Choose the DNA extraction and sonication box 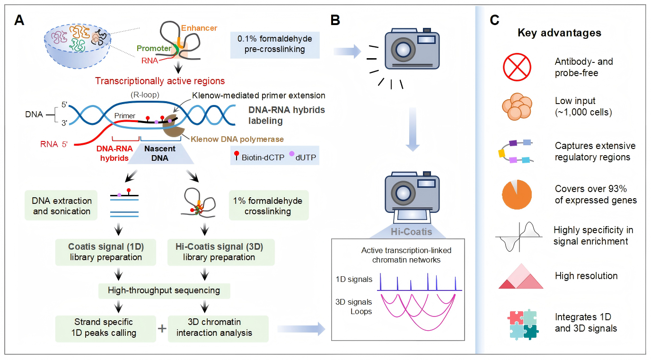pyautogui.click(x=62, y=206)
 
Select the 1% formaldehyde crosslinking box pyautogui.click(x=268, y=206)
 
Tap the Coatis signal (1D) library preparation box pyautogui.click(x=106, y=252)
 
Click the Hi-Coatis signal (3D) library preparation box pyautogui.click(x=218, y=252)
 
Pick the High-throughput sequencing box pyautogui.click(x=164, y=290)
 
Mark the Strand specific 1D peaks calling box pyautogui.click(x=105, y=327)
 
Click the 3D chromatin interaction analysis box pyautogui.click(x=218, y=327)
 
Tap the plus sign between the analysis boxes pyautogui.click(x=161, y=328)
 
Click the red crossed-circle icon pyautogui.click(x=516, y=67)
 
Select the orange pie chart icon pyautogui.click(x=516, y=194)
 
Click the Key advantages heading pyautogui.click(x=559, y=33)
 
